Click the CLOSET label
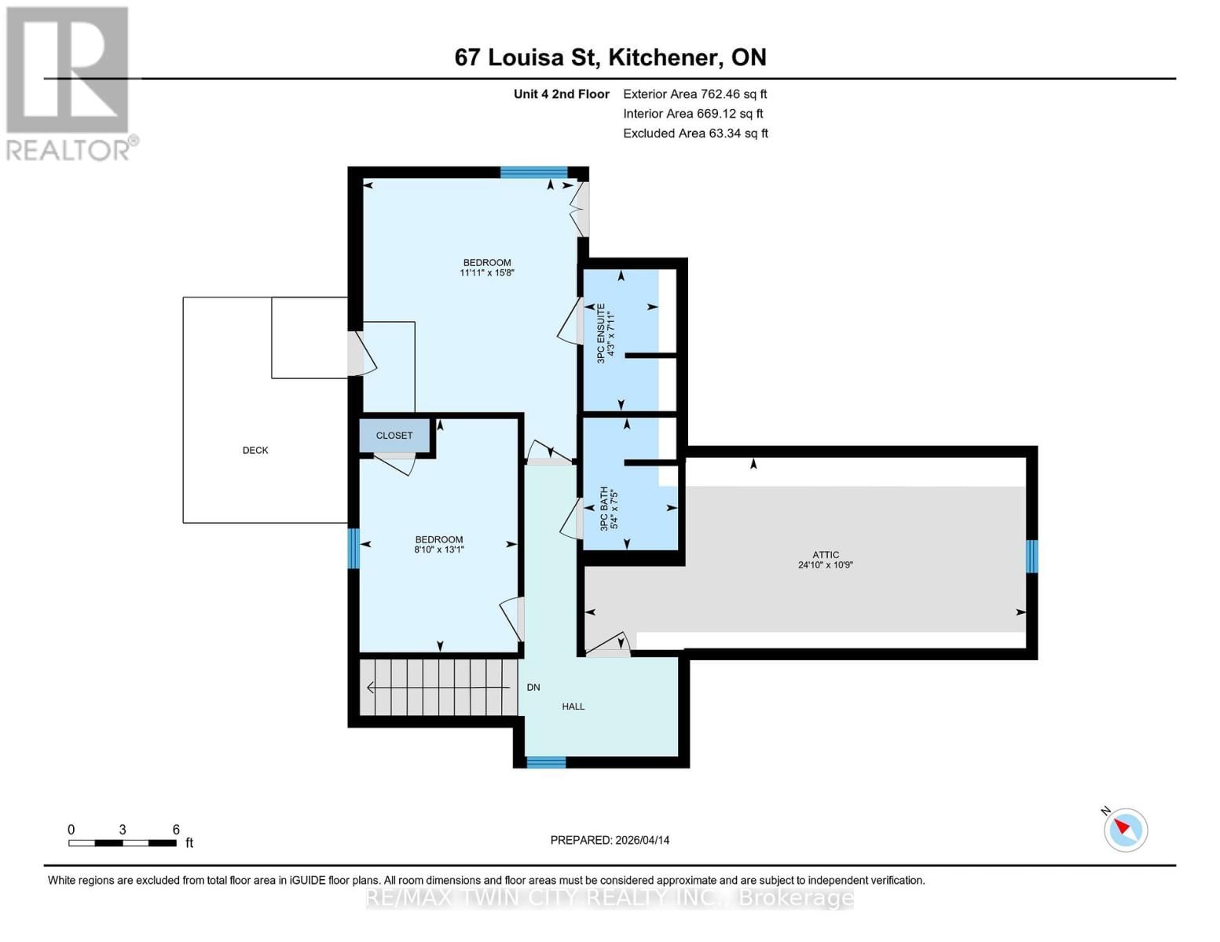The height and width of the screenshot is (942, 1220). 394,436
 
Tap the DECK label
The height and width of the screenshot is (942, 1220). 255,451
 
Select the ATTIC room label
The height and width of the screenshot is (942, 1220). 826,555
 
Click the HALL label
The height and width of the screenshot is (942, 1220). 573,706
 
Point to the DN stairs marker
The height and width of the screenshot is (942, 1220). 533,688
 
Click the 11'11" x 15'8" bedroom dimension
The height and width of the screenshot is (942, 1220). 487,273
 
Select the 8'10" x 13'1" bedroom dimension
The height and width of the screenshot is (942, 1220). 439,550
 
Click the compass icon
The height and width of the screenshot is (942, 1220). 1125,830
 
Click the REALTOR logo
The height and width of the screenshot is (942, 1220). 69,82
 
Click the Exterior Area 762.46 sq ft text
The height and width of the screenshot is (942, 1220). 694,94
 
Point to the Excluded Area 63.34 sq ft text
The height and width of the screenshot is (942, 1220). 695,133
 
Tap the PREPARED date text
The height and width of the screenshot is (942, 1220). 610,840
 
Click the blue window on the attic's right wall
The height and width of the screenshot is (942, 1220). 1032,557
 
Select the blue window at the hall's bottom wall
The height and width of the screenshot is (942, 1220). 546,762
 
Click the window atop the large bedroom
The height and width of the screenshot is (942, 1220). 534,173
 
